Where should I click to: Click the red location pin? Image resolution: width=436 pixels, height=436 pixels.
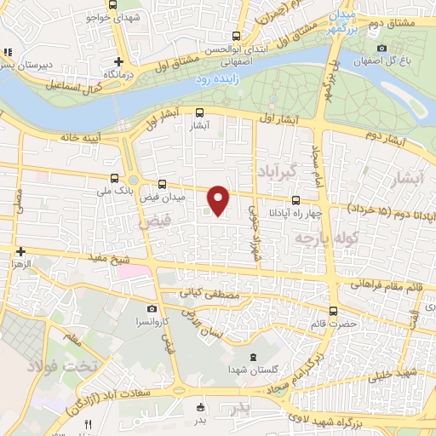coord(219,200)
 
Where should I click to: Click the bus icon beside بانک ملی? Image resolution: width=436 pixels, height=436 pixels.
coord(115,179)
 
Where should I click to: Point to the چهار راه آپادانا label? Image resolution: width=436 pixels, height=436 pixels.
coord(281,212)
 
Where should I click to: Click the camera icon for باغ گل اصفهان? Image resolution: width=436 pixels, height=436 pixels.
coord(381,47)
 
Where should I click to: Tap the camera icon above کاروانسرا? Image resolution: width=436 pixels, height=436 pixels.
coord(152,309)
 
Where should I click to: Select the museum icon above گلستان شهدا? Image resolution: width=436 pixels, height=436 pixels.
coord(250,356)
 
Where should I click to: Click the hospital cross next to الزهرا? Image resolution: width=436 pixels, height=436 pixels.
coord(20,251)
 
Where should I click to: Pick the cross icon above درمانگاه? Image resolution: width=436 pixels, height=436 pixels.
coord(119,60)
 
